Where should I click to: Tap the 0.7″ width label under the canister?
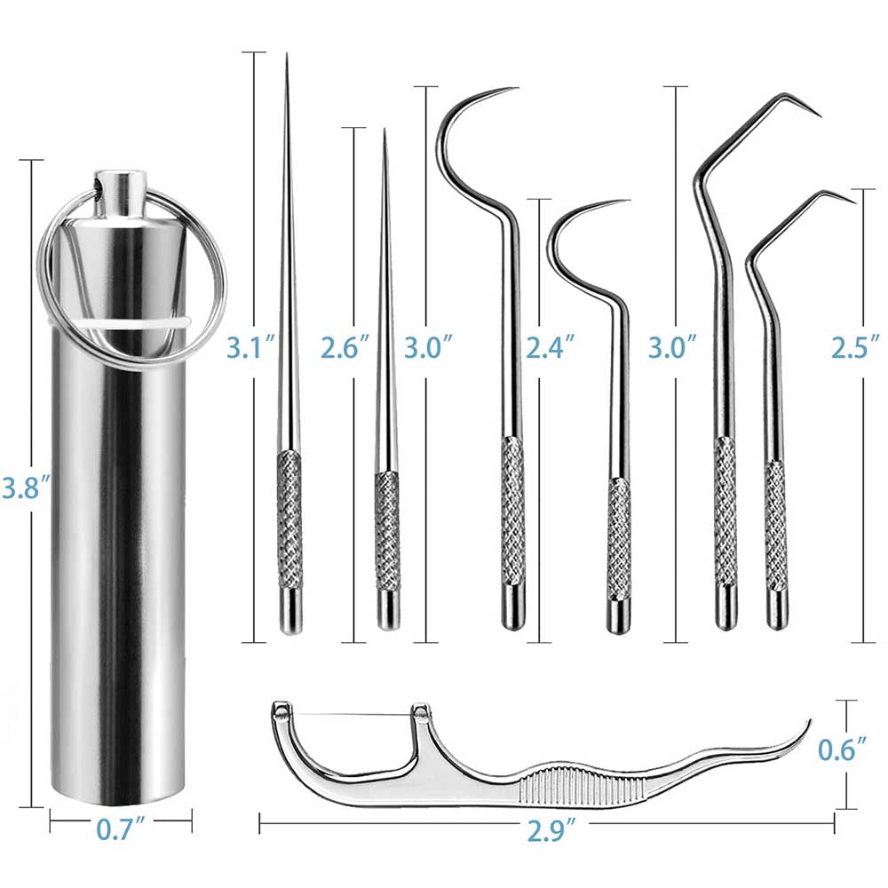pos(121,831)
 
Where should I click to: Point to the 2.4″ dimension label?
pos(550,345)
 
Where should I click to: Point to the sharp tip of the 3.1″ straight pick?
pos(287,59)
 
